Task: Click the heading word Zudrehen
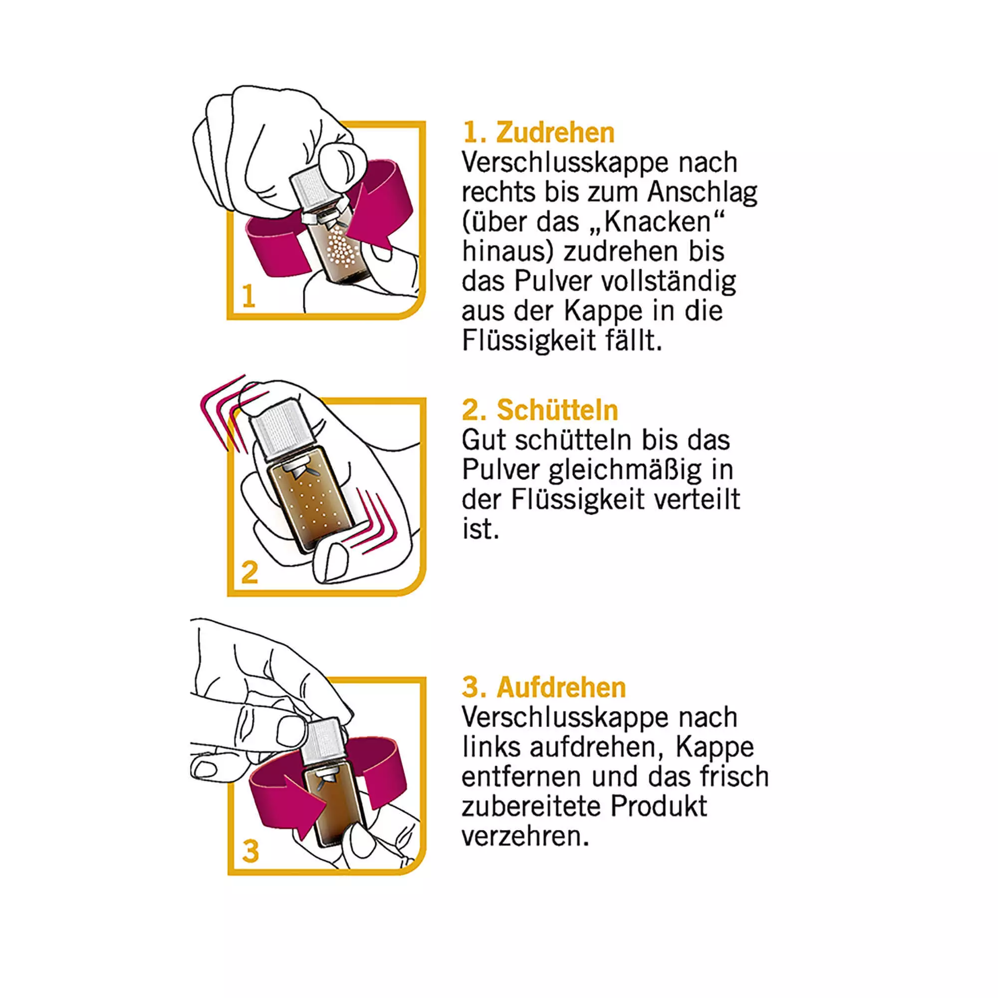(555, 133)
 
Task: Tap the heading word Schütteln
(557, 410)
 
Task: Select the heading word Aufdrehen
(561, 688)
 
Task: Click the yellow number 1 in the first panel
(249, 296)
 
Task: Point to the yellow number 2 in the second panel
(249, 572)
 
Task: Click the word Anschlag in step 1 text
(702, 192)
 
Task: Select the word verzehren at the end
(525, 836)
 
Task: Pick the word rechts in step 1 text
(499, 192)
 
